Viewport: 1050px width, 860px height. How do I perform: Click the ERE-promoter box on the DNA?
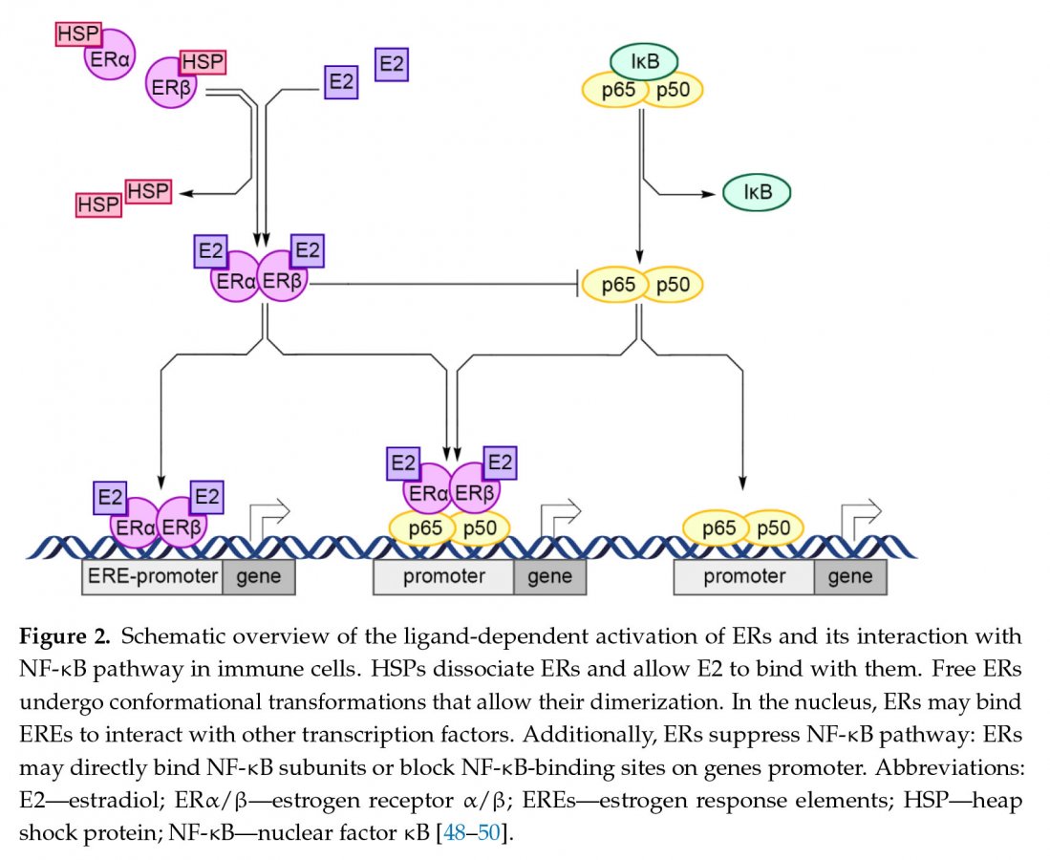152,577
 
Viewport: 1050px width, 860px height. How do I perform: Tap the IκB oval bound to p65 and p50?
644,63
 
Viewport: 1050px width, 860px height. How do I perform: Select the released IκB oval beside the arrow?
756,193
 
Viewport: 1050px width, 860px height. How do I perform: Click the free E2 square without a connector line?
392,64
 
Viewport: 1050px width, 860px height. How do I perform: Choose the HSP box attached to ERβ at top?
202,62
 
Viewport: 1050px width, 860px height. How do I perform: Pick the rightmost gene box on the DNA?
849,577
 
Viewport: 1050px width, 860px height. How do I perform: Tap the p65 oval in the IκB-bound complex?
613,91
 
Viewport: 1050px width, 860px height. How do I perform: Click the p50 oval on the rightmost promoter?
773,527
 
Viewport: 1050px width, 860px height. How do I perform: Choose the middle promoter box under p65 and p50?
443,577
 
